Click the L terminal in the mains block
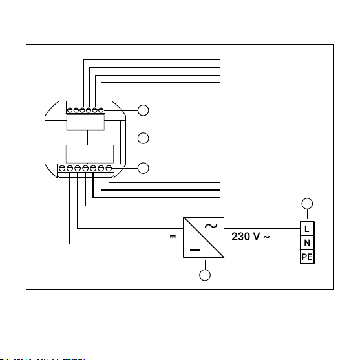307,229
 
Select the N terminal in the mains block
307,242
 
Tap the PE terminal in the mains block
307,257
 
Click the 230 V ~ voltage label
251,237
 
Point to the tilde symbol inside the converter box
211,226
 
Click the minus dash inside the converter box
195,250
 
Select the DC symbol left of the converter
173,237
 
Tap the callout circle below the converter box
205,275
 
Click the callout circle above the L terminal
307,204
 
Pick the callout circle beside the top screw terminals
143,111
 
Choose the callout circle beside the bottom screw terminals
143,168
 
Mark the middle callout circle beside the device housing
143,138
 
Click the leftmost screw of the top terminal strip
70,111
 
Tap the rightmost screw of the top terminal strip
101,111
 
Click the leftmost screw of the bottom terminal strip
61,169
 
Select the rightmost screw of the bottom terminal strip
109,169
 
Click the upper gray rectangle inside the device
85,122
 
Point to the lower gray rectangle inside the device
90,154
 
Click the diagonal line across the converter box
204,237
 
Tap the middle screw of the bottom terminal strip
85,169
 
